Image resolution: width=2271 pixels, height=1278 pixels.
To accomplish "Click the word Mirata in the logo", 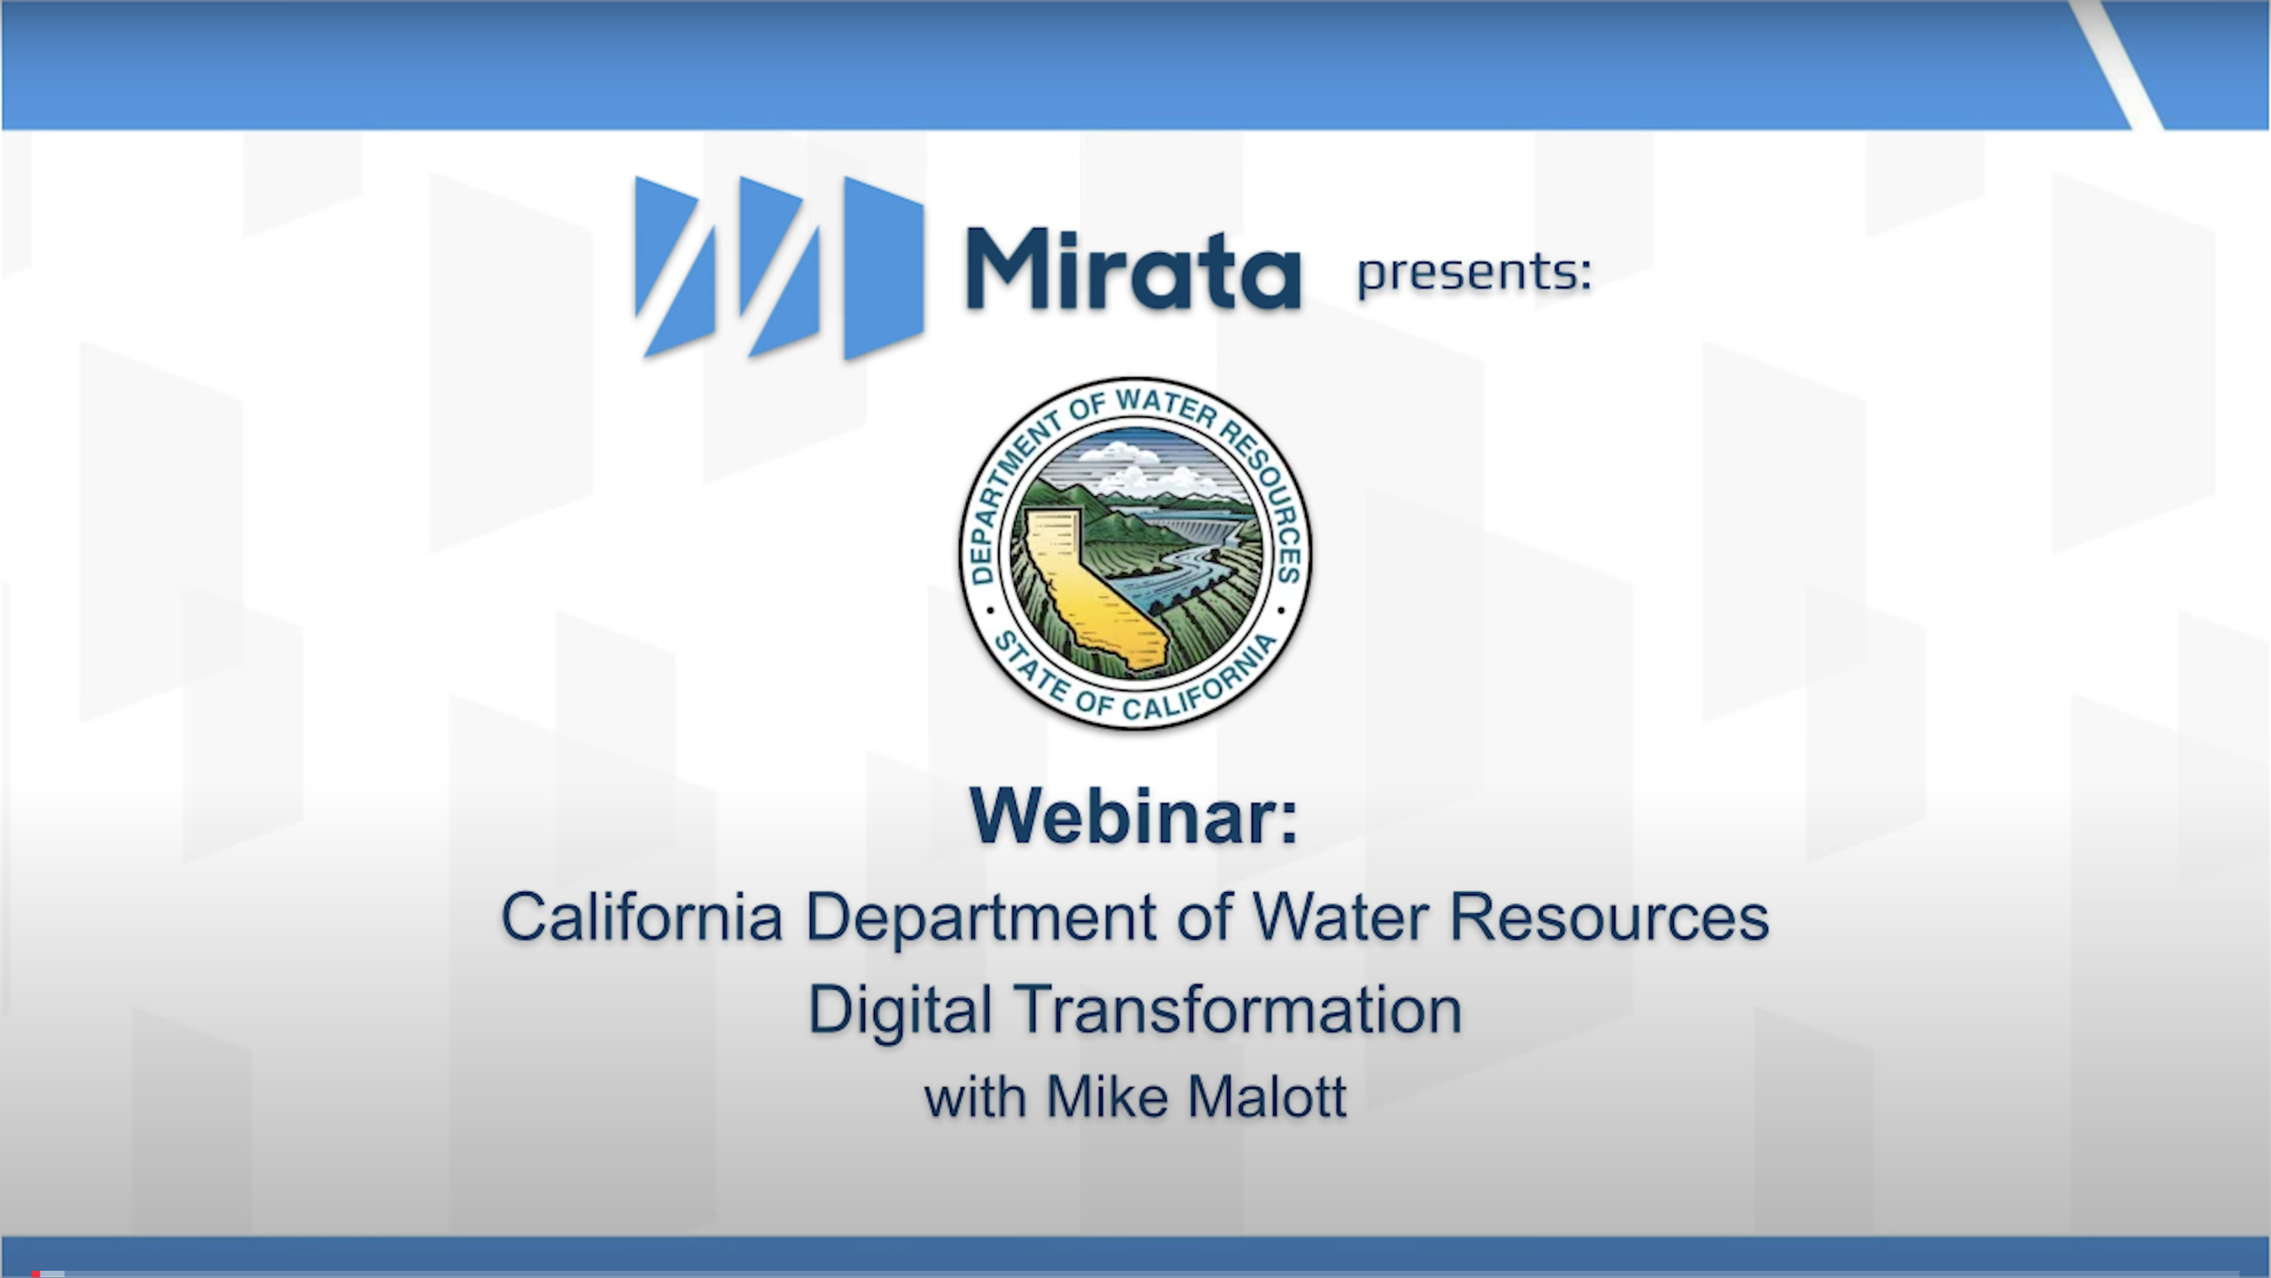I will pos(1133,269).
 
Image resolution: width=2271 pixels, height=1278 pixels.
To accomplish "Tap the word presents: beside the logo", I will pos(1474,272).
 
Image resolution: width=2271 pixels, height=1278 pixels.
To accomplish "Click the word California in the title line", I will pos(642,917).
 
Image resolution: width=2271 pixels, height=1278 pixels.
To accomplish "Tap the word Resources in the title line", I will pos(1609,917).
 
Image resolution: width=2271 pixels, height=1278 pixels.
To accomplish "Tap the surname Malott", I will pos(1267,1097).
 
